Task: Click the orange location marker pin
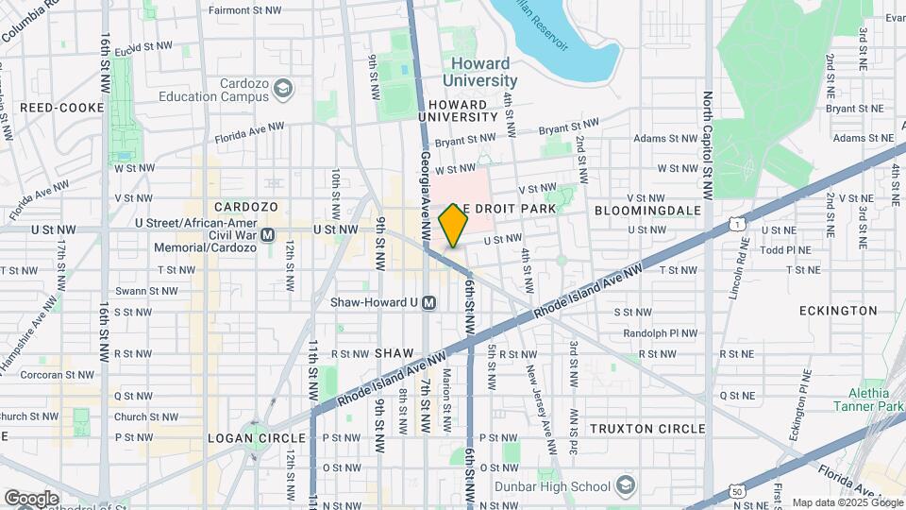(454, 226)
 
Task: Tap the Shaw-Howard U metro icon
(429, 303)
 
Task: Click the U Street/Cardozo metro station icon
(268, 234)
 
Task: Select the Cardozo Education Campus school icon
(282, 90)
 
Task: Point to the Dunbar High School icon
(624, 486)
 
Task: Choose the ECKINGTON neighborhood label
(837, 310)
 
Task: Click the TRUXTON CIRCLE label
(647, 429)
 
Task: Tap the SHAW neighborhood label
(394, 352)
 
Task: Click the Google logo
(31, 498)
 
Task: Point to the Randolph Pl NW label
(660, 332)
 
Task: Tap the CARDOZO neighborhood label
(245, 207)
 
